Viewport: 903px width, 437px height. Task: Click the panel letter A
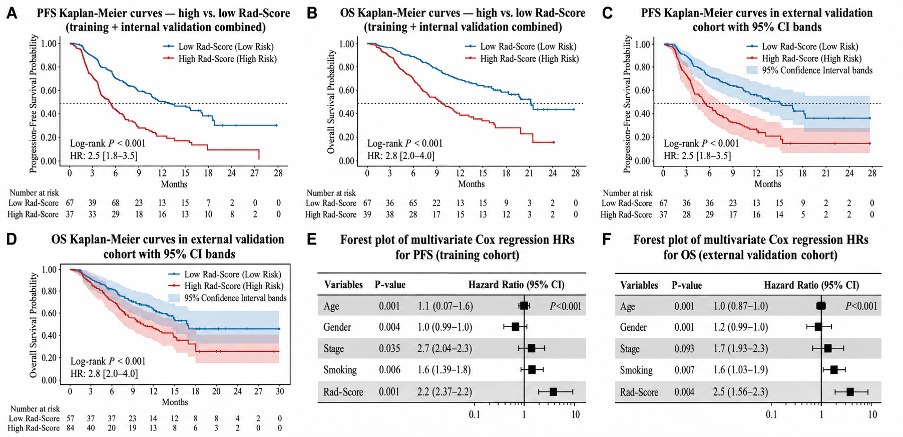[11, 13]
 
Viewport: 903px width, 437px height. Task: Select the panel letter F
[607, 240]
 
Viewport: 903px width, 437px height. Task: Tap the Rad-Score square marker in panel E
[553, 392]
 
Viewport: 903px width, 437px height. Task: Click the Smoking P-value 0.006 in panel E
[389, 370]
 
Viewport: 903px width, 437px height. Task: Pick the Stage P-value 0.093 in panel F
[684, 348]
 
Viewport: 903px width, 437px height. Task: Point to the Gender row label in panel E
[337, 327]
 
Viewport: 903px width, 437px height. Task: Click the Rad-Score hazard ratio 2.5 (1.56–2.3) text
[741, 392]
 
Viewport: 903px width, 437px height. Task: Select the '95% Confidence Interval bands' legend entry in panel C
[809, 70]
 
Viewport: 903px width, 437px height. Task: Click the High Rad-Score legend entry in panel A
[220, 59]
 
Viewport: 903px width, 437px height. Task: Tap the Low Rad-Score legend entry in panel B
[521, 47]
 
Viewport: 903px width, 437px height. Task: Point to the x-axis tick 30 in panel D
[279, 391]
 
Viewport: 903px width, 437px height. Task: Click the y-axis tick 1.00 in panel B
[347, 44]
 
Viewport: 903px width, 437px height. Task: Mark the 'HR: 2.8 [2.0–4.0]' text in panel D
[104, 373]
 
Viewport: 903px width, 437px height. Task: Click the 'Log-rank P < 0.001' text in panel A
[108, 143]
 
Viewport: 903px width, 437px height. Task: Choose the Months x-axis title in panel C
[768, 184]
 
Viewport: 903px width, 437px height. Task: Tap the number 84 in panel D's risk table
[69, 428]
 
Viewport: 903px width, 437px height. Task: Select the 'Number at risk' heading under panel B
[331, 193]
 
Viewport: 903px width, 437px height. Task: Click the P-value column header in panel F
[687, 285]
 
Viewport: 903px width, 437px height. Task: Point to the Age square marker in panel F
[821, 306]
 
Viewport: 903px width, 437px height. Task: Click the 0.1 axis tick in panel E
[474, 414]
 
